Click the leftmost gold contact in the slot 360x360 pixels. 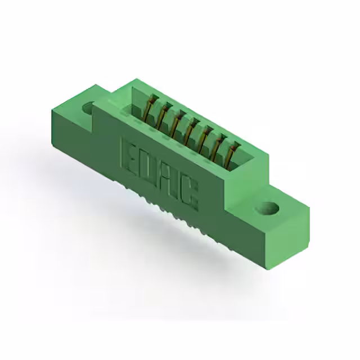(x=150, y=107)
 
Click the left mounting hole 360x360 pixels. (x=89, y=106)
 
